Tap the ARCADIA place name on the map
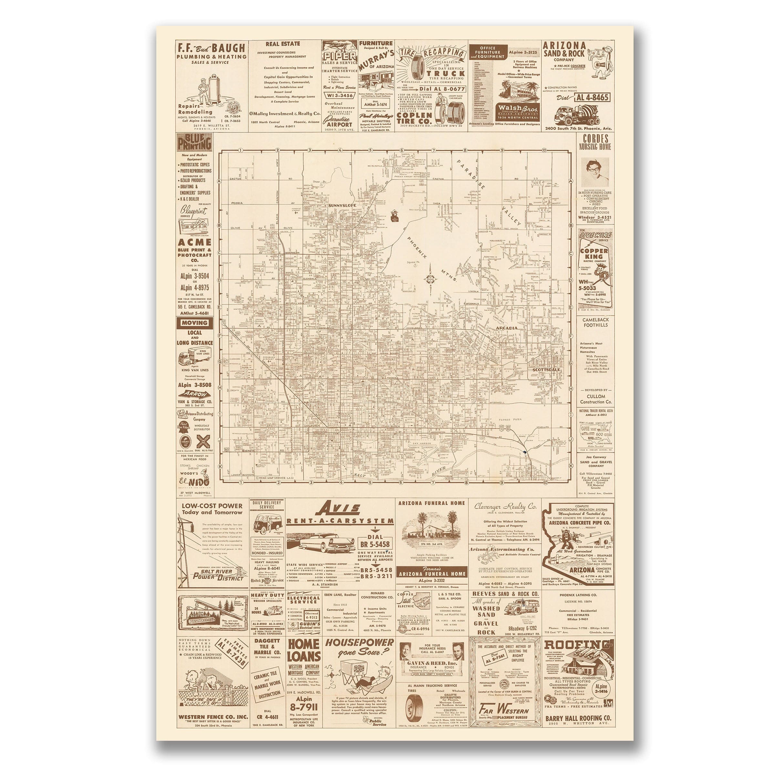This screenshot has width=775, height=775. (507, 328)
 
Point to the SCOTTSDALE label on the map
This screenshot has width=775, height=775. (546, 369)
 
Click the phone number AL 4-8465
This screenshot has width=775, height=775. (593, 98)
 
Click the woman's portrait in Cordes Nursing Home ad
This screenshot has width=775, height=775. (595, 172)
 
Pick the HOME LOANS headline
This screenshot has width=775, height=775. (304, 650)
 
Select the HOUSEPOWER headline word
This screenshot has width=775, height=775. (359, 642)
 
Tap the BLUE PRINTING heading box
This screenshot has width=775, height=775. (194, 142)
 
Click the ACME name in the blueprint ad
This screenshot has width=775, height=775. (194, 242)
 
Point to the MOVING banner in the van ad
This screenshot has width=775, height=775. (194, 323)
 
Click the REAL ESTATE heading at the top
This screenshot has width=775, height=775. (283, 44)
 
